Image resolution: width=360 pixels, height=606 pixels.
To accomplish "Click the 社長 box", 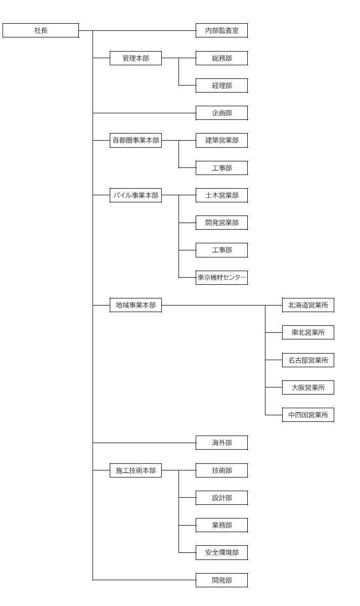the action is (40, 30).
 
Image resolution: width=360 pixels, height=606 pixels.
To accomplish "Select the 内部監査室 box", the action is (222, 30).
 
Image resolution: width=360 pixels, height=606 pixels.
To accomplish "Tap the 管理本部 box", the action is (136, 58).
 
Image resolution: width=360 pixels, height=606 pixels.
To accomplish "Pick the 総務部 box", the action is (222, 58).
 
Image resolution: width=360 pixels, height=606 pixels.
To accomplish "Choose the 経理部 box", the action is (222, 86).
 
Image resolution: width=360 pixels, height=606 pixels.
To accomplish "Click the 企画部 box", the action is (222, 113).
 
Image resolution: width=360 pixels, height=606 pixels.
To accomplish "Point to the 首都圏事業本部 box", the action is (136, 141).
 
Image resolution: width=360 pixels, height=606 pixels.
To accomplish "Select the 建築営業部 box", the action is (222, 141).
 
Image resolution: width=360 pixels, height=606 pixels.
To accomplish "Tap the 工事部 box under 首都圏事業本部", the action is (222, 168).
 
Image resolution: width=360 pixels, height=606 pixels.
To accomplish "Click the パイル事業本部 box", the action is (136, 196).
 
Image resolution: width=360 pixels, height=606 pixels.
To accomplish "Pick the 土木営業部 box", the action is (222, 196).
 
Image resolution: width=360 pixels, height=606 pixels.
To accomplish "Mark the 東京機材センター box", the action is (222, 278).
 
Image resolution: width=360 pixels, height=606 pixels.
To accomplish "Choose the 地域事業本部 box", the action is (136, 306).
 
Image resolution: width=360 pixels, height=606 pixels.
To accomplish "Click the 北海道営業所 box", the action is (308, 306).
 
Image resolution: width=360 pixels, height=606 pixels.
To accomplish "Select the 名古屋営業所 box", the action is (308, 360).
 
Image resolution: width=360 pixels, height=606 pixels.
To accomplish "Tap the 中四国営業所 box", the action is (308, 415).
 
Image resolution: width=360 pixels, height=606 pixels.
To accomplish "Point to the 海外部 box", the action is (222, 443).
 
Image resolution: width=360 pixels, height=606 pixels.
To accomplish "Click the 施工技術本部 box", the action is (136, 470).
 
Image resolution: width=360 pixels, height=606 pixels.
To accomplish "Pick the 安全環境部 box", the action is (222, 553).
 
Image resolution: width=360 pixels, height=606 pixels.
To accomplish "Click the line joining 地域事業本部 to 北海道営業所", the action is (222, 306).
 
